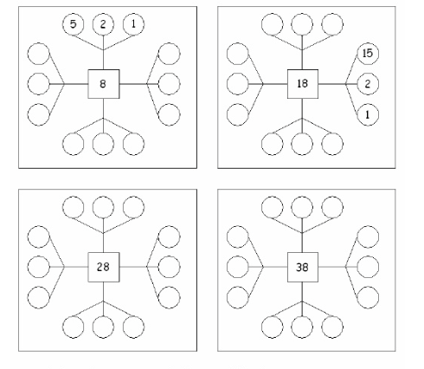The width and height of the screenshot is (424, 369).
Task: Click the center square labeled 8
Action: [104, 84]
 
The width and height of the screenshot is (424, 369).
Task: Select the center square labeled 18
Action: [303, 84]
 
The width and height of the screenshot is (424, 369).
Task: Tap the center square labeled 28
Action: [104, 267]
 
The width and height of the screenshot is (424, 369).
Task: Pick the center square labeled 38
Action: [303, 267]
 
